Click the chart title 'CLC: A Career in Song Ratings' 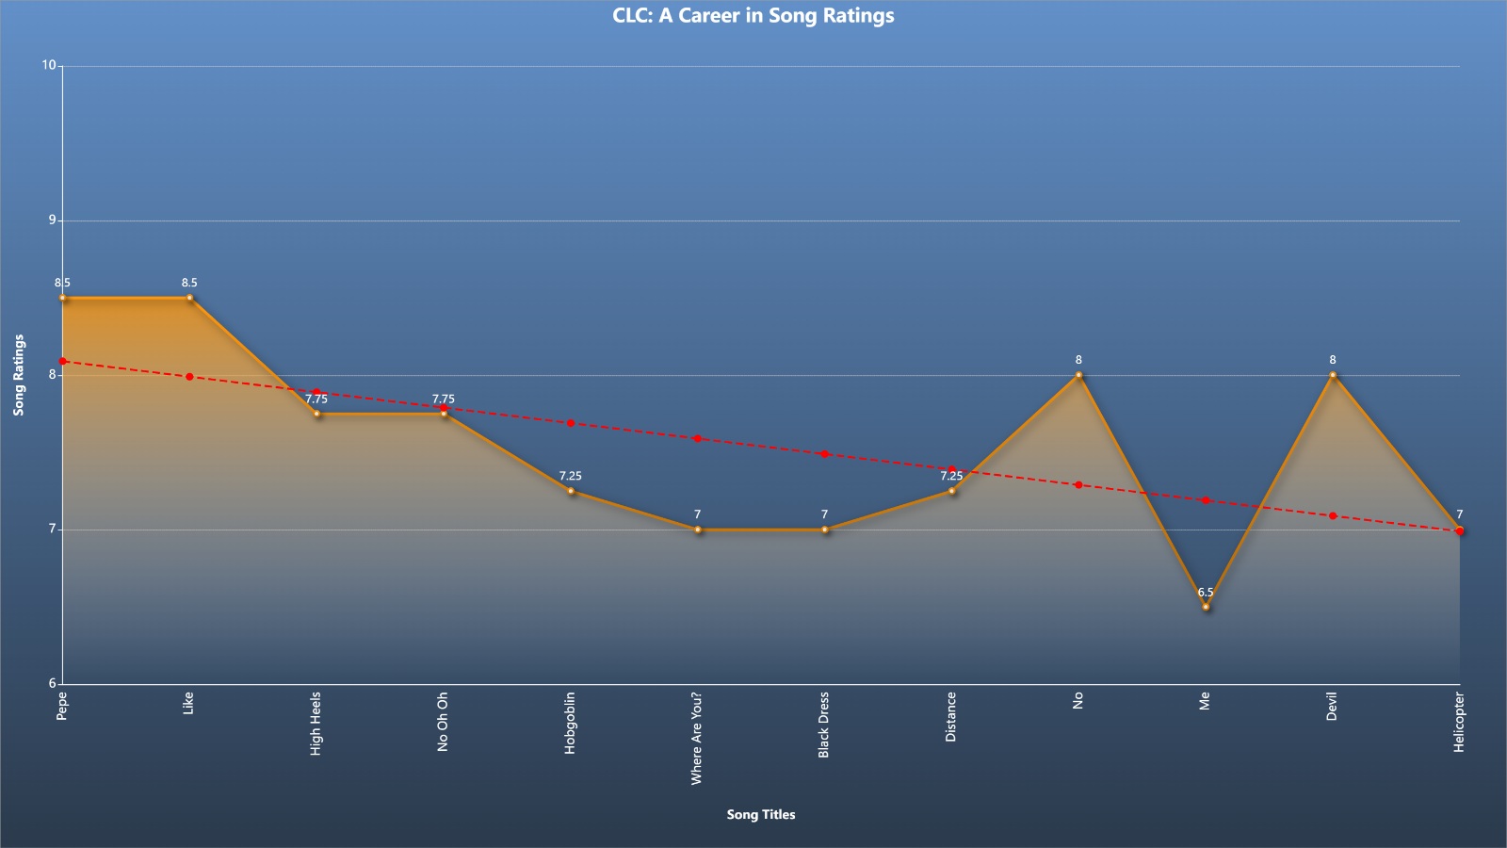(x=753, y=15)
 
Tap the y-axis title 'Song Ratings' (x=19, y=375)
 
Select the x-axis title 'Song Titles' (x=761, y=814)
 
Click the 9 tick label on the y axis (x=53, y=220)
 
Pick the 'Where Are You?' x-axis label (x=696, y=739)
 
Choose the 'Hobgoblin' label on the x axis (x=570, y=723)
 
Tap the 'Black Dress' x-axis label (x=823, y=725)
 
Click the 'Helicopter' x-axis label (x=1459, y=722)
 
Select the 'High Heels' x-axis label (x=316, y=724)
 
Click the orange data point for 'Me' (x=1206, y=607)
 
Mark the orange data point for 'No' (x=1078, y=375)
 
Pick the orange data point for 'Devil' (x=1333, y=375)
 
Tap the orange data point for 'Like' (x=189, y=298)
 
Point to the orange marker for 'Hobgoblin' (x=571, y=491)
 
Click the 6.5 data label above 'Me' (x=1206, y=593)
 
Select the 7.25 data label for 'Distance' (x=951, y=476)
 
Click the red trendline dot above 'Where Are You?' (x=698, y=439)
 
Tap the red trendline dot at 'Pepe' (x=62, y=362)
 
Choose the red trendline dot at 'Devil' (x=1333, y=516)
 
